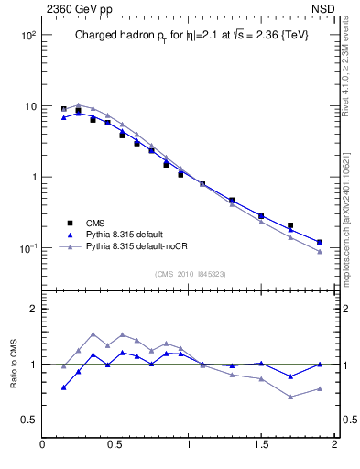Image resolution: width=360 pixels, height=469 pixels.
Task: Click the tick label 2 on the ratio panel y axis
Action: (32, 309)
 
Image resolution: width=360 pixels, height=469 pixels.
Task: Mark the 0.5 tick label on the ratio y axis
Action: (27, 420)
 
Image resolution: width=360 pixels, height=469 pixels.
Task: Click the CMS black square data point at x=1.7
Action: (290, 225)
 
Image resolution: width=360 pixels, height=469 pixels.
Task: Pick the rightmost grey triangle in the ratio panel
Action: (320, 388)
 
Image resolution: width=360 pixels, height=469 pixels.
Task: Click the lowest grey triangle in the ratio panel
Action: (290, 397)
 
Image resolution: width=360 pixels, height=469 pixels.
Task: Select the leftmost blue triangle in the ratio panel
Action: (63, 387)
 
